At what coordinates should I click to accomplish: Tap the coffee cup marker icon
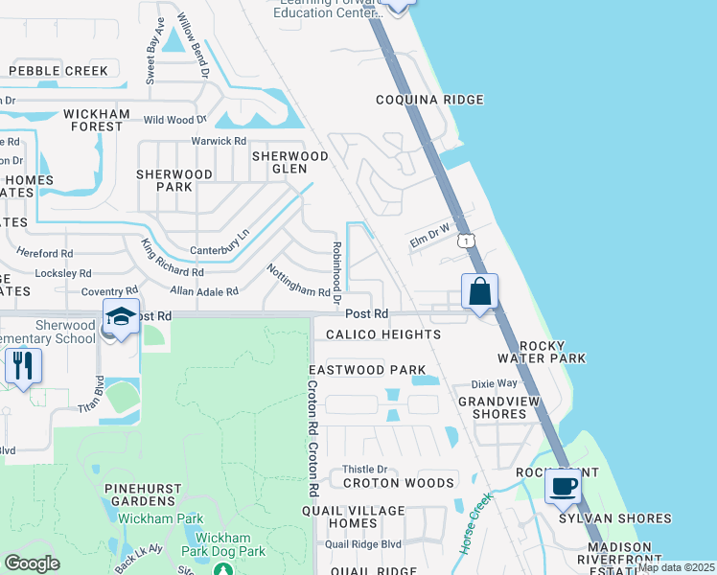click(x=563, y=486)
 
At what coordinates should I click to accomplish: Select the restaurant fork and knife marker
click(x=21, y=365)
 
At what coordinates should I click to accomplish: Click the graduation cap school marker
click(x=122, y=317)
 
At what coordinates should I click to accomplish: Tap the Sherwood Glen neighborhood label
click(x=290, y=162)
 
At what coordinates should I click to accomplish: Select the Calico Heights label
click(x=383, y=334)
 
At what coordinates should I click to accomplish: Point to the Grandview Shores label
click(x=493, y=407)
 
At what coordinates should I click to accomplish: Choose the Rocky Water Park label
click(x=552, y=352)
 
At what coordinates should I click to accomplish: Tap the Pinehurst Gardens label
click(x=144, y=494)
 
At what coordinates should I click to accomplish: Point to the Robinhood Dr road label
click(x=336, y=267)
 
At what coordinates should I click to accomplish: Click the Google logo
click(x=32, y=563)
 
